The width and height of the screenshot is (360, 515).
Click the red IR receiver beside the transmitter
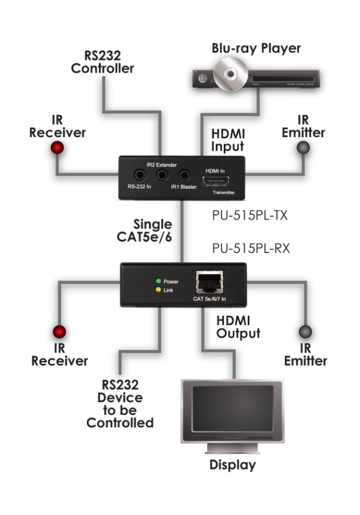pos(58,148)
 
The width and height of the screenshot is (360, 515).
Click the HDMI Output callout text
pos(237,327)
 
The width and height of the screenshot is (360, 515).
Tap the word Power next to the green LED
pos(171,281)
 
